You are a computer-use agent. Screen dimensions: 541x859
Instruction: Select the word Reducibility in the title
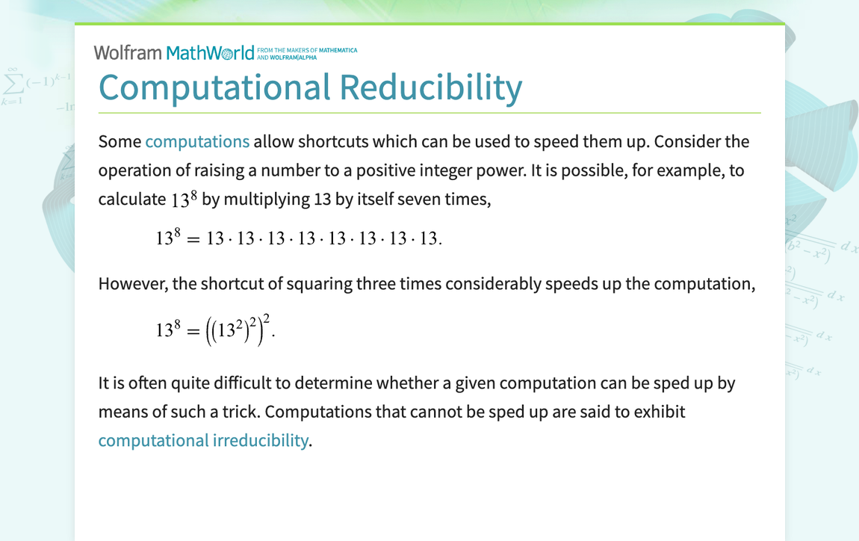pos(431,87)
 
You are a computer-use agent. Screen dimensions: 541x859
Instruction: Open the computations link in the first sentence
pos(197,141)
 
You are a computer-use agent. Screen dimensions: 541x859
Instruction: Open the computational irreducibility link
pos(202,440)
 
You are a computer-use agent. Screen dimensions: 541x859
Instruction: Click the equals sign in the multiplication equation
pos(193,239)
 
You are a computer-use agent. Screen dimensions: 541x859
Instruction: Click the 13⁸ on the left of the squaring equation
pos(168,329)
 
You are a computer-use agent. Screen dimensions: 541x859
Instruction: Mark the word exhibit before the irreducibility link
pos(658,412)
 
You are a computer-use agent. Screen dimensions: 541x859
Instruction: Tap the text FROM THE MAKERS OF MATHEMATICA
pos(311,50)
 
